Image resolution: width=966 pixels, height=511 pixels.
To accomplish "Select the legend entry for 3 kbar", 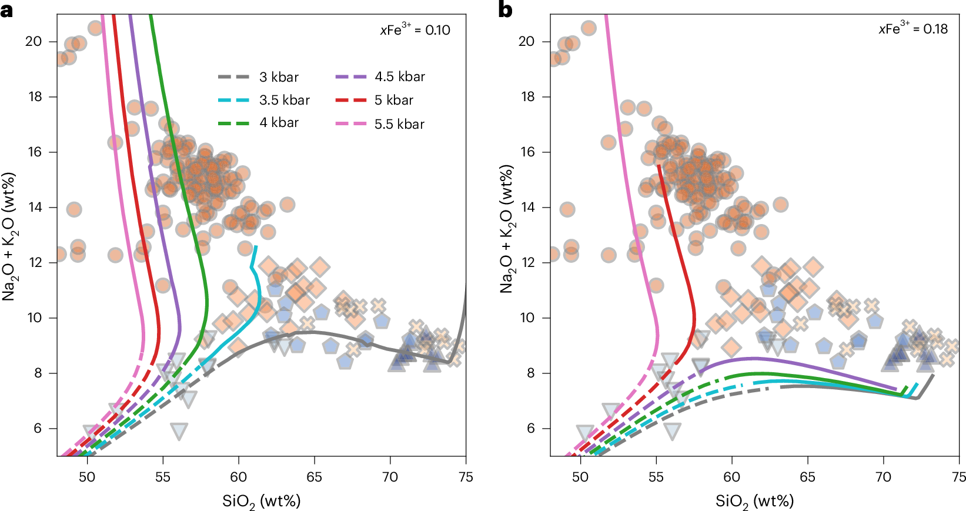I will tap(279, 77).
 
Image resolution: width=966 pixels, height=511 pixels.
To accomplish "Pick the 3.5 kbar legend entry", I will tap(284, 100).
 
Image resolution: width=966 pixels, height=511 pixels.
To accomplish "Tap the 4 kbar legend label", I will tap(279, 123).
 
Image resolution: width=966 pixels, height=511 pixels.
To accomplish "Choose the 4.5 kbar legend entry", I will tap(399, 77).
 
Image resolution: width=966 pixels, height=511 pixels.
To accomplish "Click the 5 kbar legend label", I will tap(393, 100).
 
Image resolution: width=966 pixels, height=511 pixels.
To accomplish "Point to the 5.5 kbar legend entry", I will tap(399, 124).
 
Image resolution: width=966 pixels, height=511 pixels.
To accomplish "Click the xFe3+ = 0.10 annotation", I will tap(415, 29).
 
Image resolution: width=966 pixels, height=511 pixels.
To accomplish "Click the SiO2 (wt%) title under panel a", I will tap(261, 501).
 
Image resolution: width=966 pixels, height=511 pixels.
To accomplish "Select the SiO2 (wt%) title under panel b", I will tap(754, 501).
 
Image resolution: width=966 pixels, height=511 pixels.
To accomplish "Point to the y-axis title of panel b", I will tap(506, 228).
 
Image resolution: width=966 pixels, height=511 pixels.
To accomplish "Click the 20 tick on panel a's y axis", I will tap(34, 41).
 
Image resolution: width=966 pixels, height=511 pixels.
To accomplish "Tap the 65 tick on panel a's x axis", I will tap(314, 477).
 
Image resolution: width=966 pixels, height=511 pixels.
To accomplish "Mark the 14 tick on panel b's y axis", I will tap(527, 207).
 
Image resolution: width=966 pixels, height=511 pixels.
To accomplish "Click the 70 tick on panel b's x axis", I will tap(883, 477).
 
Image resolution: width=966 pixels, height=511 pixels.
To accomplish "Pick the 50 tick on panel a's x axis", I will tap(87, 477).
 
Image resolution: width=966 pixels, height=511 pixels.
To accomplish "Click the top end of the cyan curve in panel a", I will tap(255, 247).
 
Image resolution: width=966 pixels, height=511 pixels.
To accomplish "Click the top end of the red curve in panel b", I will tap(659, 166).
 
